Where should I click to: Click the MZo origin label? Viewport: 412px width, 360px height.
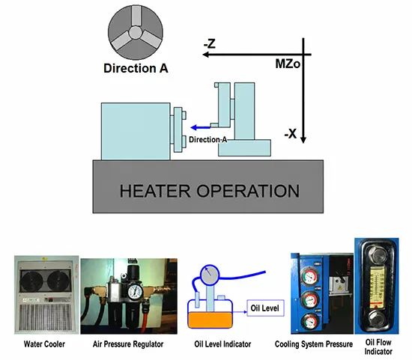(288, 64)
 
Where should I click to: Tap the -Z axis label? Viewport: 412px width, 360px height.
(210, 43)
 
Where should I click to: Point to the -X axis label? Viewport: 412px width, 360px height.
(291, 134)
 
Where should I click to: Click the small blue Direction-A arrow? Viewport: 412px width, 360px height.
(201, 128)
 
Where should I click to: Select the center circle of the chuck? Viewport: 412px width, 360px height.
(136, 32)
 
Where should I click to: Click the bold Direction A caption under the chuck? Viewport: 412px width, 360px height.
(136, 68)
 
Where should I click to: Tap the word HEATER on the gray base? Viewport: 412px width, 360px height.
(155, 191)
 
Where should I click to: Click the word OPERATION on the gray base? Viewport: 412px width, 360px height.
(248, 191)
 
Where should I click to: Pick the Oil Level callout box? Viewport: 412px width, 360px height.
(266, 308)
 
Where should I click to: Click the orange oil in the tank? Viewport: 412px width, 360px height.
(210, 320)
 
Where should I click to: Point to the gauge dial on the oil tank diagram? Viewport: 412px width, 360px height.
(210, 274)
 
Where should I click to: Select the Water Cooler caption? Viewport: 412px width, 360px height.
(44, 344)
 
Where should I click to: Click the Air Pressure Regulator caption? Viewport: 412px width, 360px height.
(128, 344)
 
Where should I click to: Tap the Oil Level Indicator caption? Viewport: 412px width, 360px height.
(222, 344)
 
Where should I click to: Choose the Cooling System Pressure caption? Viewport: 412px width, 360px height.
(314, 344)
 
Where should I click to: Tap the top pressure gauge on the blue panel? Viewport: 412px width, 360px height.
(310, 275)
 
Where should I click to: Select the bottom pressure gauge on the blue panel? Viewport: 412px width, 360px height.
(310, 321)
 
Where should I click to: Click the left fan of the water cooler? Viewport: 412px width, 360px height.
(31, 280)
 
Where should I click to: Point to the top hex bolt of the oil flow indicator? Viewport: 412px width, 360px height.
(377, 254)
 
